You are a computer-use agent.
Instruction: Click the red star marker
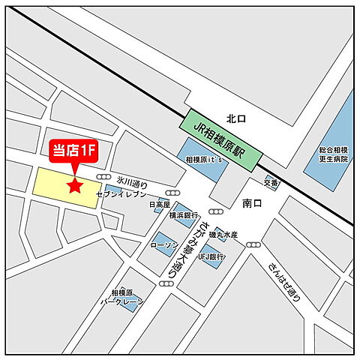click(74, 185)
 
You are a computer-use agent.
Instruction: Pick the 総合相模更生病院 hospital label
click(331, 154)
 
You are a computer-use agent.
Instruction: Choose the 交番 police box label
click(271, 181)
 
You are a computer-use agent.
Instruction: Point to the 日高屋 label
click(159, 203)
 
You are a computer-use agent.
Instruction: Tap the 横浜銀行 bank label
click(182, 215)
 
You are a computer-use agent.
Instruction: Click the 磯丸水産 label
click(223, 235)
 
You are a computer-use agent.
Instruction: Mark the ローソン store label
click(163, 245)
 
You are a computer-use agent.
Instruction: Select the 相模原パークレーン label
click(121, 298)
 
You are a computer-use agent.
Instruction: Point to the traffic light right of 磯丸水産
click(253, 244)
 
